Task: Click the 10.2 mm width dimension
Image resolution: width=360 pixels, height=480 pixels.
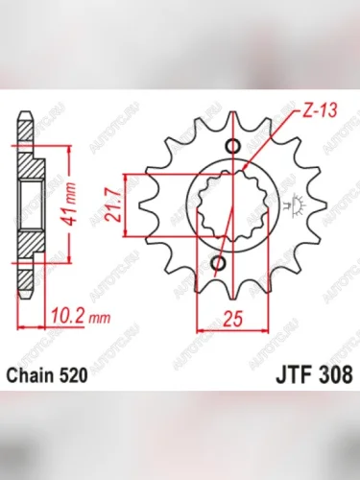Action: [x=71, y=312]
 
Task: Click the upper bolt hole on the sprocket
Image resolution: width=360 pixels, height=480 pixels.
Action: [x=231, y=146]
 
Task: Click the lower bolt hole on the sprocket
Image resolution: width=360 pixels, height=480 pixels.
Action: [x=220, y=262]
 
